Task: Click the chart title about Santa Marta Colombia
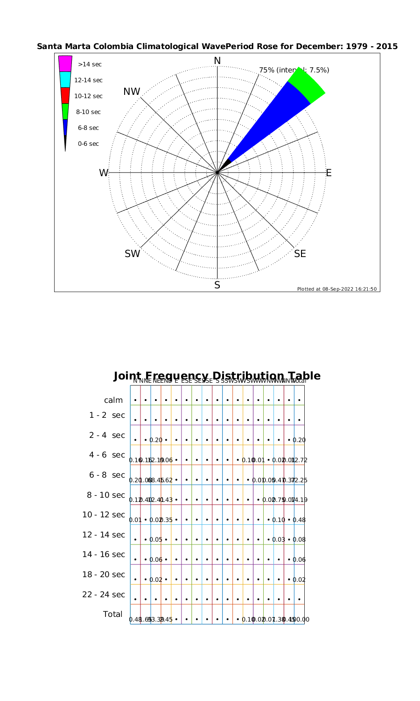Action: (217, 47)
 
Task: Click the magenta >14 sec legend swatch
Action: (65, 64)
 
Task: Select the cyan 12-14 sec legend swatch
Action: (65, 79)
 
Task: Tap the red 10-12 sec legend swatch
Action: (65, 95)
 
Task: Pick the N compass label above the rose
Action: (217, 61)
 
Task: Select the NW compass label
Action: (132, 92)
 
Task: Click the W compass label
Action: (103, 173)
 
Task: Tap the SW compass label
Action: (132, 254)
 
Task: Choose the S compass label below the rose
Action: (217, 285)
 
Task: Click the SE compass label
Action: (300, 254)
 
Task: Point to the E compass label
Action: (329, 173)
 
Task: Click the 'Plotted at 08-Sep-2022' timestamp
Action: (336, 289)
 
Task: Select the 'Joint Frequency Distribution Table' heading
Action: (217, 376)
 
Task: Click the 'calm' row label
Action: (113, 400)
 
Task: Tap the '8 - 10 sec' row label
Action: (106, 495)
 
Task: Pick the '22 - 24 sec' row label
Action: (104, 594)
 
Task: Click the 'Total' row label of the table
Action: (112, 614)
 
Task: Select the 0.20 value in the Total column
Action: (299, 440)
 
